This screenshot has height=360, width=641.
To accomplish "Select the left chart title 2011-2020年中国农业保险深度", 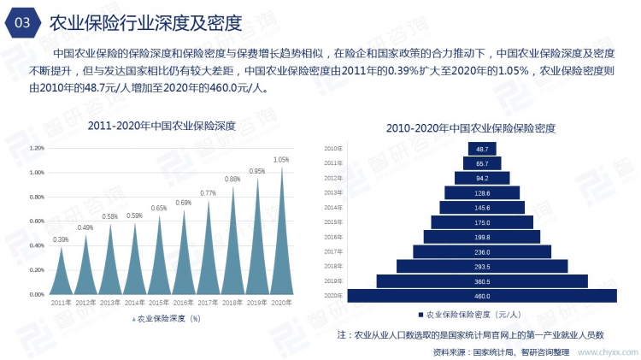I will (162, 126).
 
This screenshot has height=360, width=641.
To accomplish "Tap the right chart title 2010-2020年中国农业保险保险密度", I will (471, 128).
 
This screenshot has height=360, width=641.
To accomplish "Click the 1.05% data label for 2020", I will (281, 160).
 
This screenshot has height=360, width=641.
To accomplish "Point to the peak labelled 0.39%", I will (61, 240).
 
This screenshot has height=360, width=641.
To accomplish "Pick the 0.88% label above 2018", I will (232, 180).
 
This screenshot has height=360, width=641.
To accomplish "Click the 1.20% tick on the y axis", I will (36, 148).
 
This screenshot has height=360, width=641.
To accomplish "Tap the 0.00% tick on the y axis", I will (36, 294).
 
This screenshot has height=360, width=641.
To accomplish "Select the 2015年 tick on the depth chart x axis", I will (159, 304).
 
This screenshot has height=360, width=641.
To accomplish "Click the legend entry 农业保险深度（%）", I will (166, 318).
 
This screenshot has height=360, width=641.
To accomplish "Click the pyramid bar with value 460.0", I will (482, 296).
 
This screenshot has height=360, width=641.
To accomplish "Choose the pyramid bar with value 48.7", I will (482, 149).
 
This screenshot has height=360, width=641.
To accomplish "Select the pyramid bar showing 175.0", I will (482, 222).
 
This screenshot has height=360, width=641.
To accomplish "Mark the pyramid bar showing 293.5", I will (482, 266).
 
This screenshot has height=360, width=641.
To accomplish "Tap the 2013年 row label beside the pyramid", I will (333, 193).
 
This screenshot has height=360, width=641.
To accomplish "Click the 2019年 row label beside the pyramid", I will (333, 280).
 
